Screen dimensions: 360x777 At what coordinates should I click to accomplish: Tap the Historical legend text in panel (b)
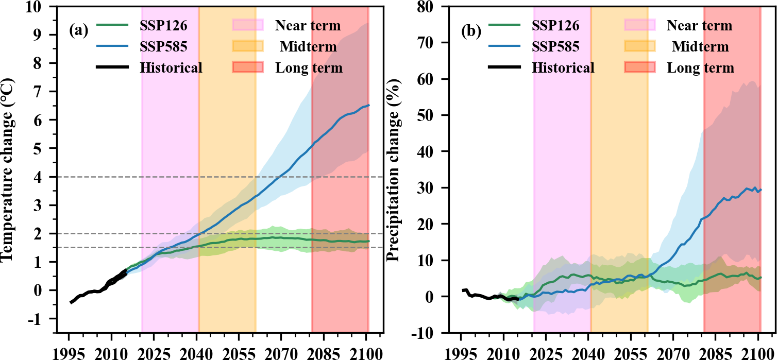pyautogui.click(x=563, y=67)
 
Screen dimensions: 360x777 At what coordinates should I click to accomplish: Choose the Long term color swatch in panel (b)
pyautogui.click(x=639, y=67)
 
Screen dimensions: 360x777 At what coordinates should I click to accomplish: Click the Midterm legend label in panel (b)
pyautogui.click(x=700, y=47)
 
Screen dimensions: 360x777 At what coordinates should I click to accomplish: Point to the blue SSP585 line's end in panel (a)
pyautogui.click(x=368, y=106)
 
